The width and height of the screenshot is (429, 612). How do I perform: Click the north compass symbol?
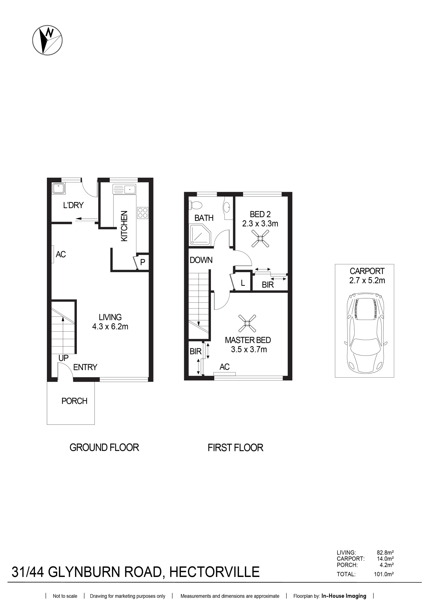pos(48,40)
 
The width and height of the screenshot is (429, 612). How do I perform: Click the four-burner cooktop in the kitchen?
pos(143,213)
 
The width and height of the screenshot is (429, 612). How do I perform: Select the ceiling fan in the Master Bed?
pos(247,323)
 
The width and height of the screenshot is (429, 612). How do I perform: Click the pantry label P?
pos(143,262)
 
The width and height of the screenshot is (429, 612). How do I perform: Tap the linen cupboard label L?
pos(243,283)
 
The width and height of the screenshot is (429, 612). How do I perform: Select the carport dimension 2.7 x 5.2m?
pos(367,280)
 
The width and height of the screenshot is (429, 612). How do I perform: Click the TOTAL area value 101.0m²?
pos(384,574)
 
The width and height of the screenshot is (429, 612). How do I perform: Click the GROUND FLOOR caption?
pos(104,447)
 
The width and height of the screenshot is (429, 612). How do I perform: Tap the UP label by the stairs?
pos(63,358)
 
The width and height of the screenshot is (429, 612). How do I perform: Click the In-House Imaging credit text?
pos(344,596)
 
